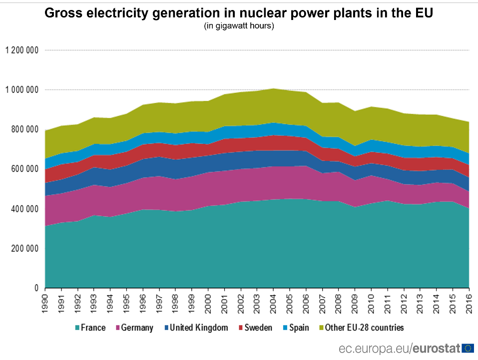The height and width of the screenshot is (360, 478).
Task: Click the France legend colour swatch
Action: [77, 328]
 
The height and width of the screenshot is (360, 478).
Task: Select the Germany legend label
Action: [137, 328]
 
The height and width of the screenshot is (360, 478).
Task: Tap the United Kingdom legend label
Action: [199, 328]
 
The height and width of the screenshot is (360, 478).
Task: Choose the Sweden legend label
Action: [259, 328]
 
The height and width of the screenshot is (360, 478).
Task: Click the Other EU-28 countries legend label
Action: [364, 328]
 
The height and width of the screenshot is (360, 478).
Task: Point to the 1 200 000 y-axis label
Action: [22, 50]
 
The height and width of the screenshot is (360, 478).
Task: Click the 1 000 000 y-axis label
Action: [22, 90]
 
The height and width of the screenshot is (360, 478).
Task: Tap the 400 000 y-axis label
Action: [24, 209]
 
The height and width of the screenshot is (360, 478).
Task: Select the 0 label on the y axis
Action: [36, 288]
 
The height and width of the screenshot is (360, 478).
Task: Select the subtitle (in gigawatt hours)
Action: [239, 26]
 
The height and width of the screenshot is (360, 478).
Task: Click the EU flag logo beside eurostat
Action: [468, 348]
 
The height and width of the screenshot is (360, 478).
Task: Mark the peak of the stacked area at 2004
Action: [274, 89]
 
